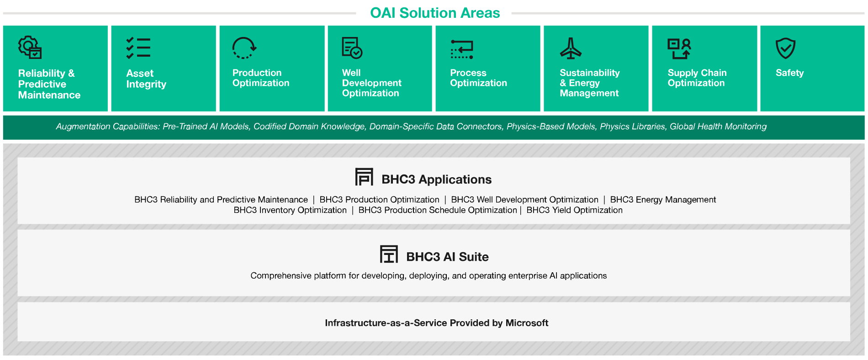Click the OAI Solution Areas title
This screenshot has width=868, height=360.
[x=435, y=13]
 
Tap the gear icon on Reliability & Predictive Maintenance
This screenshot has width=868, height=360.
[x=30, y=48]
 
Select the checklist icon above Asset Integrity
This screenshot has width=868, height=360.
[x=138, y=48]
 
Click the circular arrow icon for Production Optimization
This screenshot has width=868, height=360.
[x=244, y=48]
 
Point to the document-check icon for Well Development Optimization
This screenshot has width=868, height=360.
[x=352, y=48]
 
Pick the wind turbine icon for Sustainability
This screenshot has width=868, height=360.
[x=571, y=48]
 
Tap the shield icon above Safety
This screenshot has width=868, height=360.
[x=786, y=48]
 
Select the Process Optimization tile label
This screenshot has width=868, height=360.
[x=478, y=78]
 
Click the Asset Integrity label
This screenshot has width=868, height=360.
[x=146, y=79]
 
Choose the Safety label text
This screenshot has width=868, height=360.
[x=789, y=73]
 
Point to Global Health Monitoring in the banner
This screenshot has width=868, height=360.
[x=718, y=127]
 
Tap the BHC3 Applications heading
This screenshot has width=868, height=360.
[x=436, y=179]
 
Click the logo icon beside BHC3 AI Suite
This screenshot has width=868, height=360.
[x=389, y=254]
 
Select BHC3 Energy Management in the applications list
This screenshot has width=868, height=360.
[x=663, y=200]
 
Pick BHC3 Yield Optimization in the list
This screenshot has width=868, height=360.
[x=574, y=210]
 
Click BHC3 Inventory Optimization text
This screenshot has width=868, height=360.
[x=290, y=210]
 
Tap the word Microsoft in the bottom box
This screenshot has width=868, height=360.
[x=527, y=323]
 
